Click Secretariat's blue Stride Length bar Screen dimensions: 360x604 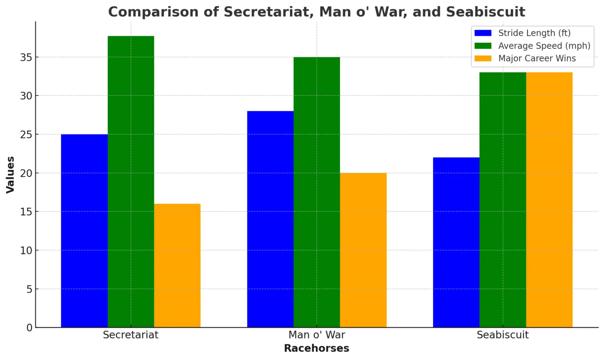(x=84, y=231)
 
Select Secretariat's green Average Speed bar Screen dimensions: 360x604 (x=131, y=182)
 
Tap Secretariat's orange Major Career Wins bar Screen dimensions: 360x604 (x=177, y=266)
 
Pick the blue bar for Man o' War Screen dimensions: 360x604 (x=270, y=219)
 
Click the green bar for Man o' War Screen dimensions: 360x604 (x=317, y=192)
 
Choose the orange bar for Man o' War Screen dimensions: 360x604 (x=363, y=250)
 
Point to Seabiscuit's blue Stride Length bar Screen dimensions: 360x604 (x=456, y=242)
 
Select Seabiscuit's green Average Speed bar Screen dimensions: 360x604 (x=503, y=200)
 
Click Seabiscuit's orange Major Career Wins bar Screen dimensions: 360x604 (x=549, y=200)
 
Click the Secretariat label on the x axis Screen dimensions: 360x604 (x=131, y=335)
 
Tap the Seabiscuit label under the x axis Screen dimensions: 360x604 (x=503, y=335)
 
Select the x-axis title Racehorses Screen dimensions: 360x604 (x=317, y=348)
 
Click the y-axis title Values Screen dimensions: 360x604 (x=10, y=175)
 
